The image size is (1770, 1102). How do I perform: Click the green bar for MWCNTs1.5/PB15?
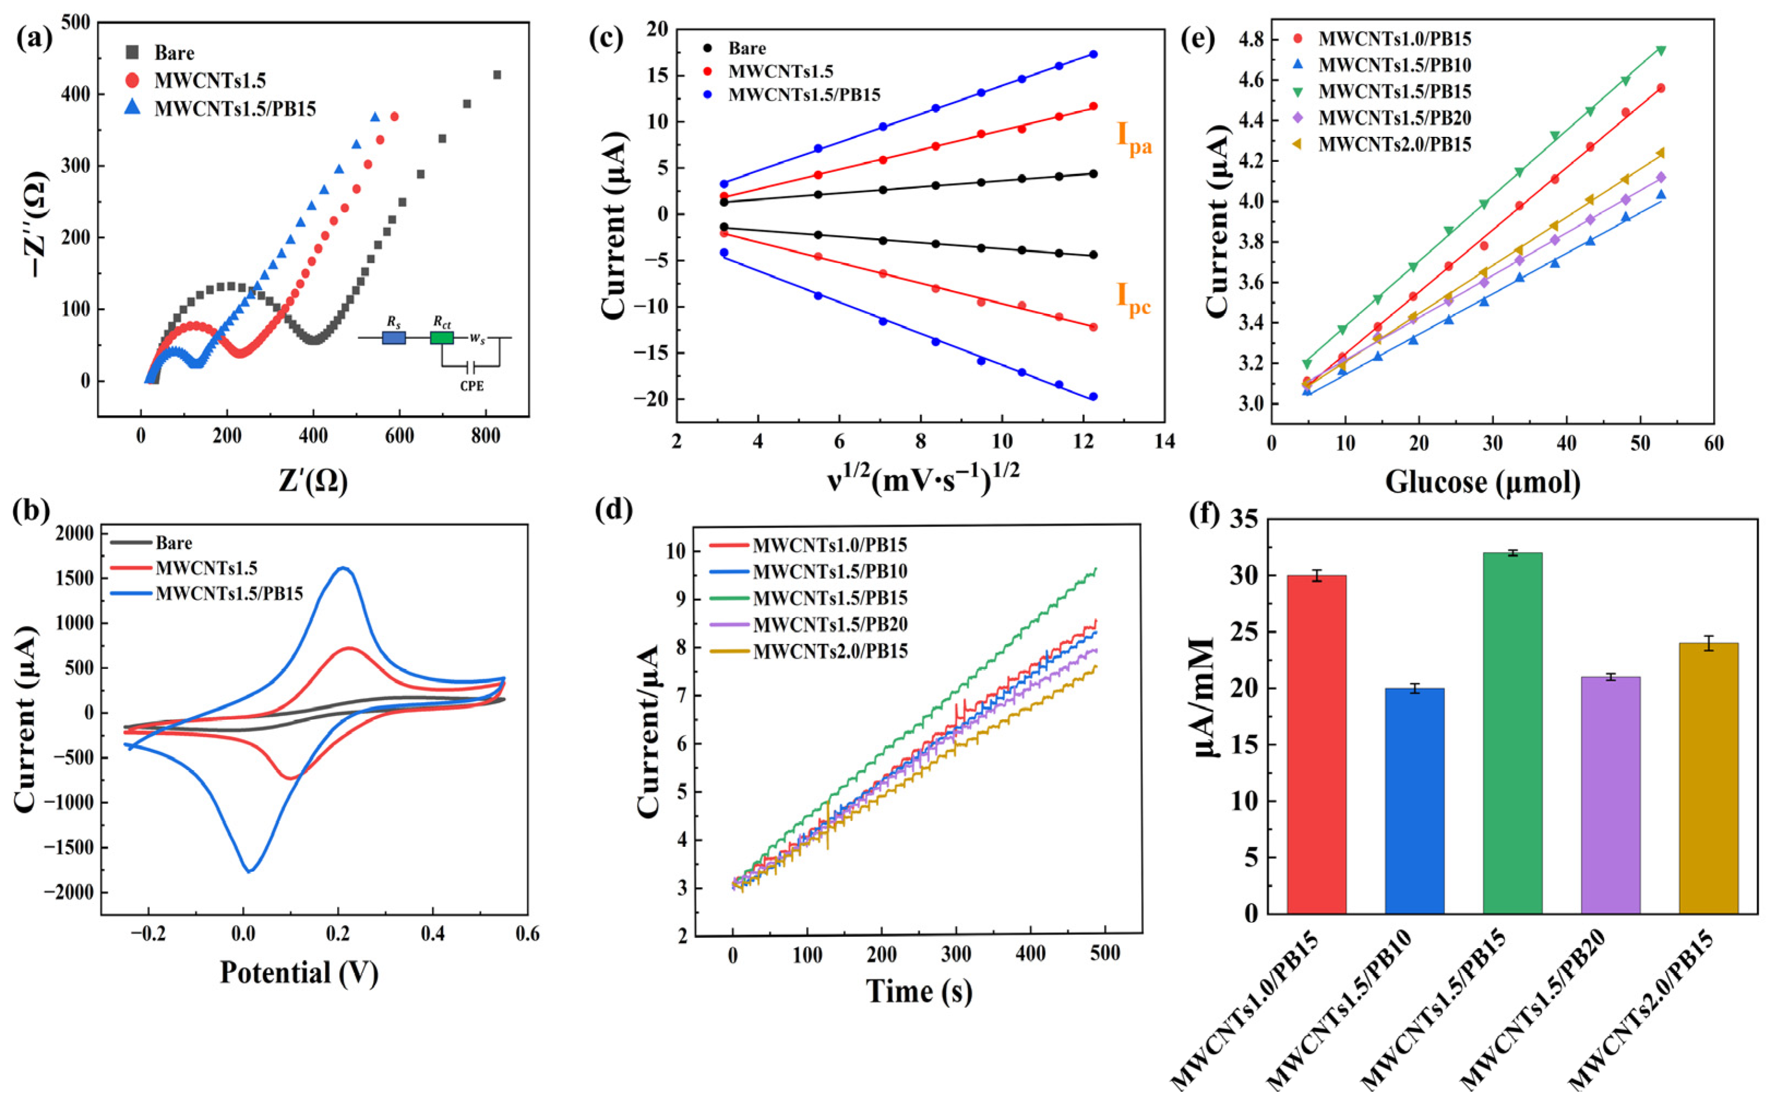click(x=1513, y=732)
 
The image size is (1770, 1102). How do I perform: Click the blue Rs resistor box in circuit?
click(x=394, y=338)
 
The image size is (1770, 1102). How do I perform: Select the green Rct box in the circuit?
click(x=442, y=338)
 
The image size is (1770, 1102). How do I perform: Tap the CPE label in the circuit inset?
click(x=472, y=386)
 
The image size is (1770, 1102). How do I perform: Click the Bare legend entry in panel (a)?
click(x=173, y=52)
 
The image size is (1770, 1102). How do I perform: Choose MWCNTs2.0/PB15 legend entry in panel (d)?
click(x=830, y=651)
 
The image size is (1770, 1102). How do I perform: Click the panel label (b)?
click(x=31, y=511)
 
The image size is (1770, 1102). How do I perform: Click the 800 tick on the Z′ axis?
click(x=486, y=437)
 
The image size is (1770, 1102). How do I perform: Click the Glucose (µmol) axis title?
click(x=1482, y=483)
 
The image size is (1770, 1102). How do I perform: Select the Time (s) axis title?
click(x=919, y=991)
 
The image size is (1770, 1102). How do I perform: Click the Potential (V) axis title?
click(x=299, y=972)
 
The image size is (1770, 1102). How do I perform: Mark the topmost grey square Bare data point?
click(x=497, y=74)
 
